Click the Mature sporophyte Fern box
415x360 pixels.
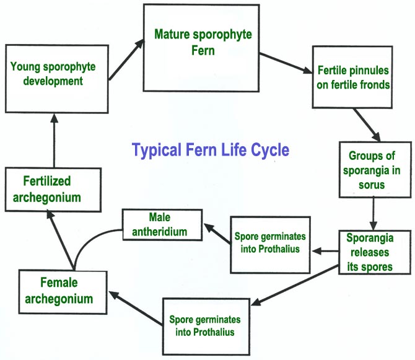[201, 48]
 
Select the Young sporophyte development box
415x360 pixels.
[57, 79]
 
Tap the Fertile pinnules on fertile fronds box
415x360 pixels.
[352, 77]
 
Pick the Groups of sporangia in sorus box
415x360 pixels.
[375, 170]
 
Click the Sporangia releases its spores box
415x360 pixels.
[375, 252]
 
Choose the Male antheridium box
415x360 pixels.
[162, 225]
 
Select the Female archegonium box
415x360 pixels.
[63, 292]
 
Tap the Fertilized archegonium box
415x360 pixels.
[53, 190]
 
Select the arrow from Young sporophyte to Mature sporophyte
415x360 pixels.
[126, 60]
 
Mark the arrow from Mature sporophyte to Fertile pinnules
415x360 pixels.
[286, 63]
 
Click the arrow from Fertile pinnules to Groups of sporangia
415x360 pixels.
[367, 125]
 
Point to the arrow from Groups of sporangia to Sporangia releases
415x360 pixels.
[373, 213]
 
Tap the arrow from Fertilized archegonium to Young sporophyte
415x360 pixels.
[55, 140]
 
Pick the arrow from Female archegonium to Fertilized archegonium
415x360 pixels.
[61, 240]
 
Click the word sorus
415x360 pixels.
[372, 185]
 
